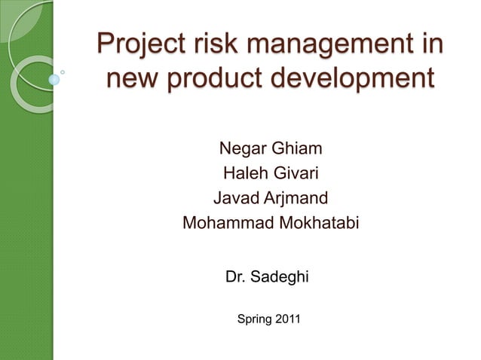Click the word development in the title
354,78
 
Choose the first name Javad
236,200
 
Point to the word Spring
254,320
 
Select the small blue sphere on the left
54,78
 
